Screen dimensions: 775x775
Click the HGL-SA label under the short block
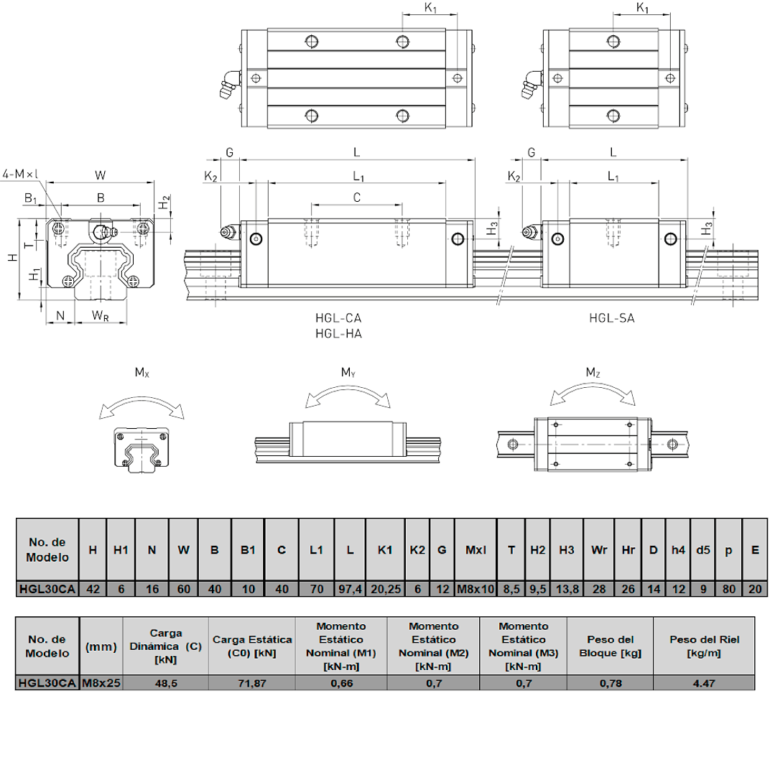click(611, 317)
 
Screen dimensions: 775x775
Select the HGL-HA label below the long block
click(338, 333)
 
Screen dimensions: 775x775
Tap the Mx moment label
click(141, 373)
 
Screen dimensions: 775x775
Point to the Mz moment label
click(593, 372)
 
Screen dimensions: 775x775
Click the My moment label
click(348, 372)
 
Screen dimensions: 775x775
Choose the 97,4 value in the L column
click(350, 589)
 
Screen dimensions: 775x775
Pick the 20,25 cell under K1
click(386, 589)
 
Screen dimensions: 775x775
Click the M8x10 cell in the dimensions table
click(475, 589)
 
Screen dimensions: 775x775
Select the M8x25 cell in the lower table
click(101, 683)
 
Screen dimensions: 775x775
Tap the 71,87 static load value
click(252, 684)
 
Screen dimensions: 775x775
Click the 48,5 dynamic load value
click(166, 684)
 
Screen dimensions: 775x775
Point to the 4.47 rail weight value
click(704, 684)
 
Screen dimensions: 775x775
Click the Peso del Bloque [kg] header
click(611, 646)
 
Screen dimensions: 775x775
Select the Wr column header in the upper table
click(599, 550)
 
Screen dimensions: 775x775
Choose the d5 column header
click(703, 550)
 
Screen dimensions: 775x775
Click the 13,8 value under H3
click(567, 589)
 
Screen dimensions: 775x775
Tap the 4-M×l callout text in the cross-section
click(20, 174)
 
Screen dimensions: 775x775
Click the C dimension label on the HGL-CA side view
click(357, 198)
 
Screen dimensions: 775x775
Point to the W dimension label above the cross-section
click(101, 175)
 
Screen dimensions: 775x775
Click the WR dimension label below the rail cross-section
click(101, 316)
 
